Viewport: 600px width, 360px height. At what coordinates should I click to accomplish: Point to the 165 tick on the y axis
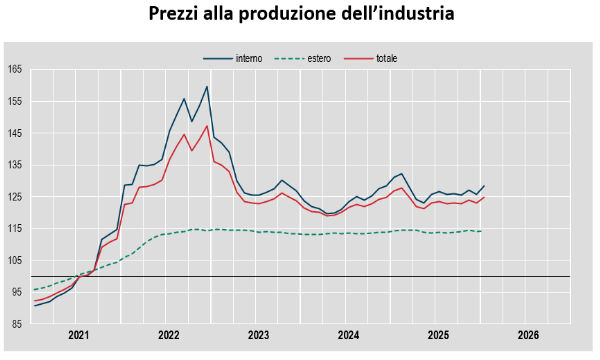[15, 69]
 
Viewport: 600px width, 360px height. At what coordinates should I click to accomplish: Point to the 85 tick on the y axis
[17, 324]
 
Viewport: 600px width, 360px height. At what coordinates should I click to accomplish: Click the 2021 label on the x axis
[78, 335]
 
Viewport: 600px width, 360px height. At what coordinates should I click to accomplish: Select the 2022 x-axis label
[168, 335]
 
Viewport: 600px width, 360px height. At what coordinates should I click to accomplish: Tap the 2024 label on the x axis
[349, 335]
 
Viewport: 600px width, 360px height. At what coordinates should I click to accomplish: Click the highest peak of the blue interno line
[207, 86]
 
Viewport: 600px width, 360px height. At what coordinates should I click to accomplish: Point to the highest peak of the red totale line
[207, 125]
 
